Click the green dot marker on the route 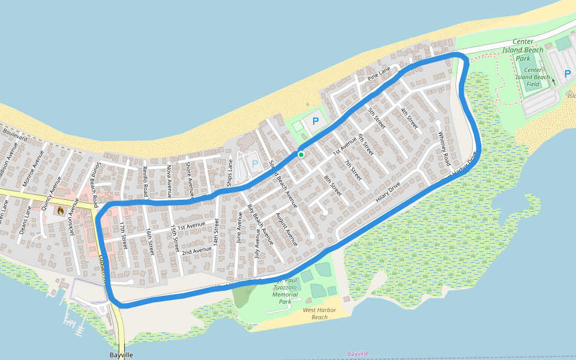(301, 155)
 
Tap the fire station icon (61, 211)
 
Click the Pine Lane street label (379, 74)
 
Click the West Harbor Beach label (315, 313)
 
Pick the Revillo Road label (145, 182)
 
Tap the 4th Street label (409, 119)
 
